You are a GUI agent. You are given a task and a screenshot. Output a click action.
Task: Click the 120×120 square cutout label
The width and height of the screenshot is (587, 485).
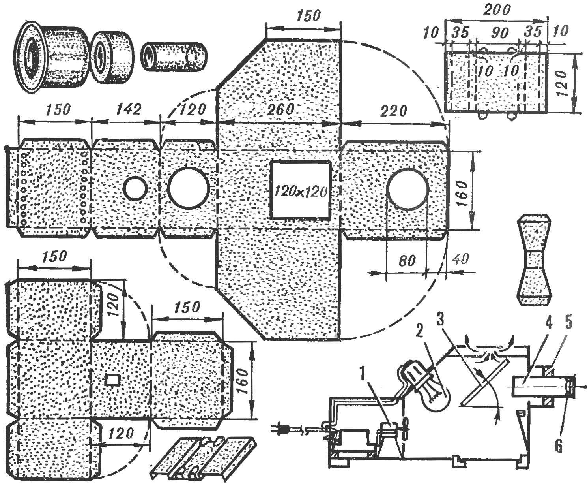(301, 192)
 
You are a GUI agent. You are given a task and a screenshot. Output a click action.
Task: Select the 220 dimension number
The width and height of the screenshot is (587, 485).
(394, 111)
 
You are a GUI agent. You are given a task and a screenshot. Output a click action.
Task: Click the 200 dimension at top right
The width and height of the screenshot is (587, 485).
(497, 10)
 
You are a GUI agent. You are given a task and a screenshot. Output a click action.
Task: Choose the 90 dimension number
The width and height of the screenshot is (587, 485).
(499, 33)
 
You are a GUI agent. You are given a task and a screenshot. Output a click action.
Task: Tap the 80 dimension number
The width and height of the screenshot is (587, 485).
(407, 261)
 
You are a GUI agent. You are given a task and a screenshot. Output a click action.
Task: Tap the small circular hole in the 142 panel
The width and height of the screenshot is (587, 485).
(135, 188)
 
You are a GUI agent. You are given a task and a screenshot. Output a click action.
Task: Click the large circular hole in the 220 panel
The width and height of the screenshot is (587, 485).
(408, 189)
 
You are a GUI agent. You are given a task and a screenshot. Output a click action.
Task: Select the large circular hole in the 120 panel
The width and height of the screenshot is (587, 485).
(189, 188)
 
